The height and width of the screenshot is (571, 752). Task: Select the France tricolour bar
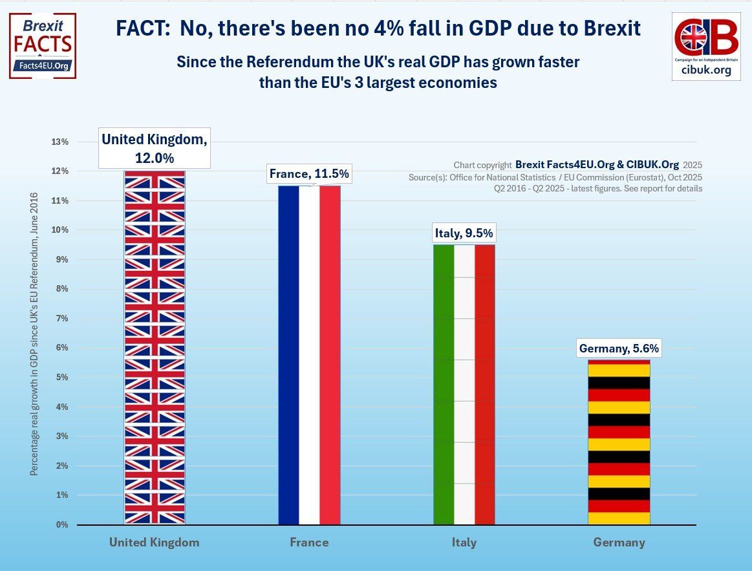(309, 355)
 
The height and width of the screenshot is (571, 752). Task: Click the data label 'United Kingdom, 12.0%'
(155, 148)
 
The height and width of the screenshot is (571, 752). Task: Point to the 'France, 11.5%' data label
(309, 174)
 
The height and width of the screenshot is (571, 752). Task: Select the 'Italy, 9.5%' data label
(464, 233)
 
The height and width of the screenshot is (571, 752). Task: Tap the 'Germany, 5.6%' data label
(619, 349)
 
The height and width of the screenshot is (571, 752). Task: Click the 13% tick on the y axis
(59, 142)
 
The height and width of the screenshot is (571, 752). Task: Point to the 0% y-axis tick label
(61, 524)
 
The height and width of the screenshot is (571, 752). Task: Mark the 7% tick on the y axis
(61, 318)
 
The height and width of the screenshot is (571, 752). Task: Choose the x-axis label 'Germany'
(619, 543)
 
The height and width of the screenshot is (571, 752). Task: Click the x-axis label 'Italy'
(464, 543)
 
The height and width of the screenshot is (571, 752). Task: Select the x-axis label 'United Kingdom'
(154, 543)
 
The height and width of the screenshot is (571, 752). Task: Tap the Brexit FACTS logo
(43, 45)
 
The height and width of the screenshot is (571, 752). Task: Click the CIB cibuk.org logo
(705, 45)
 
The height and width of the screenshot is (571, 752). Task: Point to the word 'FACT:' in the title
(144, 28)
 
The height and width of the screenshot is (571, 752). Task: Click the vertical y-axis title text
(34, 333)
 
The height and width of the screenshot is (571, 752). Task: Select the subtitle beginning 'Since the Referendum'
(378, 72)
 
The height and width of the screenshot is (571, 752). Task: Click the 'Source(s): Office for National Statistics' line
(555, 177)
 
